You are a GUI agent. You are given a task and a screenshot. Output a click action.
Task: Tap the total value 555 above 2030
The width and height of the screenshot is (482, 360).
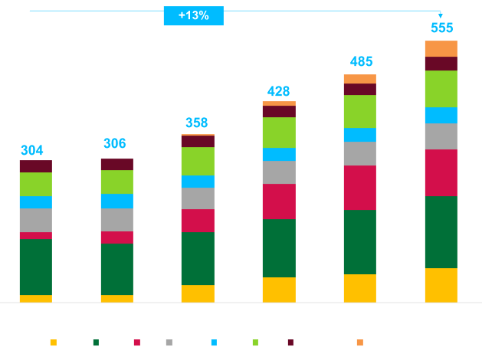(x=441, y=28)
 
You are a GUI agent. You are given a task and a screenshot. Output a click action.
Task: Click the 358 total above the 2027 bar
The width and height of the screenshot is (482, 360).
(x=197, y=123)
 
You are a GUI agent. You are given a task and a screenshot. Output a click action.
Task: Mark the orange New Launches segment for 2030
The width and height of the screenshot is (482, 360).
(x=441, y=48)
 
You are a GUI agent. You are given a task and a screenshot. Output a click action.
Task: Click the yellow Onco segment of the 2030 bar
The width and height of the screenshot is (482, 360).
(x=441, y=285)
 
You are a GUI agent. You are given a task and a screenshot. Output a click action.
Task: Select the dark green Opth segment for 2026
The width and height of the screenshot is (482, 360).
(x=116, y=269)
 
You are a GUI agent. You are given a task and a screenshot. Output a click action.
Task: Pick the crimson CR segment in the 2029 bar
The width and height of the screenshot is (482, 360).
(x=360, y=188)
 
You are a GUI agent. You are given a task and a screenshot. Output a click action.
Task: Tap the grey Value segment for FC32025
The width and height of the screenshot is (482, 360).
(x=35, y=220)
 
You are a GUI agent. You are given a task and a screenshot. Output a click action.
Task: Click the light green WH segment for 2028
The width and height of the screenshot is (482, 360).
(x=279, y=133)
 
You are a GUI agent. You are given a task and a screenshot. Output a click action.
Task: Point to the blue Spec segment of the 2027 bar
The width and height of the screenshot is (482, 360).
(x=198, y=182)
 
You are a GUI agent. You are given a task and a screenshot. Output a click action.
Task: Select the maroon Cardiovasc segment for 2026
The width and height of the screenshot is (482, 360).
(x=116, y=164)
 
